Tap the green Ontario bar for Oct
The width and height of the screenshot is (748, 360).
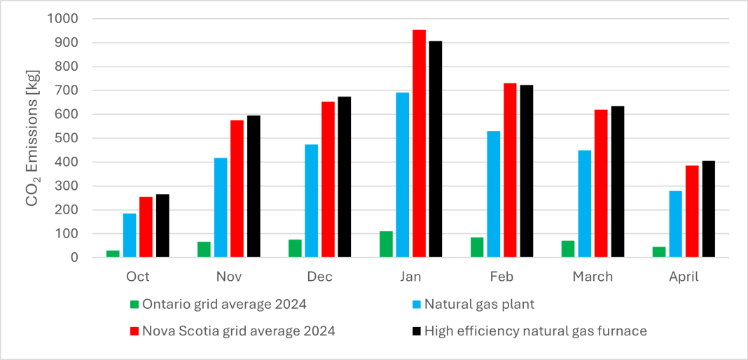point(113,254)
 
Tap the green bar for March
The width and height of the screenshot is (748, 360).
point(568,249)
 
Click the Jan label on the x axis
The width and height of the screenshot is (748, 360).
point(410,277)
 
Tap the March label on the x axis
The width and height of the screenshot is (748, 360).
point(593,277)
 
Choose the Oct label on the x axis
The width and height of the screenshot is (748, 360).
point(138,277)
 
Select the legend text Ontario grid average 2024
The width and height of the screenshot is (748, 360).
point(224,305)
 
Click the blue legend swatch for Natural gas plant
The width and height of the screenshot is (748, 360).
point(415,305)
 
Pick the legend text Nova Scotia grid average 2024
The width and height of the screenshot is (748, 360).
point(238,331)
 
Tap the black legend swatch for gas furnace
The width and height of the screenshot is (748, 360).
point(415,331)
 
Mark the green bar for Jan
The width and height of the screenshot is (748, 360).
point(386,244)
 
